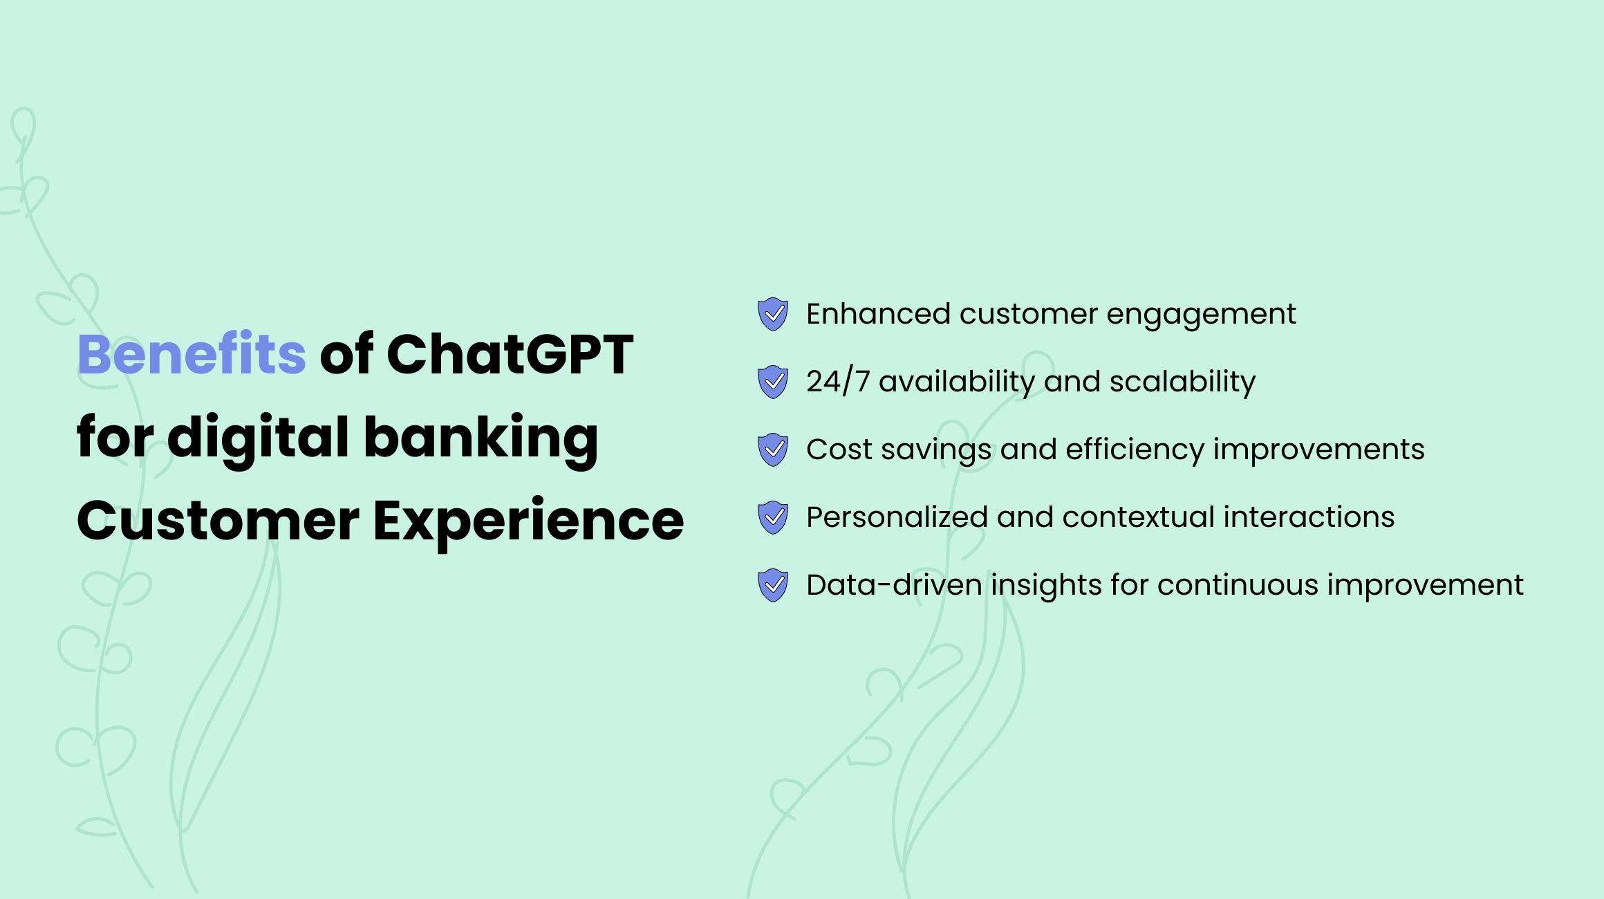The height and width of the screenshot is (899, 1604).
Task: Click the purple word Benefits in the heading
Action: pyautogui.click(x=192, y=353)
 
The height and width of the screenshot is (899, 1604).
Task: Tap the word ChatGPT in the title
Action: pyautogui.click(x=510, y=354)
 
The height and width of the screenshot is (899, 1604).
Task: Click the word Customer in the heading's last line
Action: pyautogui.click(x=218, y=521)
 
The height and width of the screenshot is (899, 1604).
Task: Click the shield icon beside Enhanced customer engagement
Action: pyautogui.click(x=773, y=314)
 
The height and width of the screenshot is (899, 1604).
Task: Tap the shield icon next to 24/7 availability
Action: pyautogui.click(x=773, y=382)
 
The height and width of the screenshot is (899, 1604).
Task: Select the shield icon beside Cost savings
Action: pyautogui.click(x=773, y=449)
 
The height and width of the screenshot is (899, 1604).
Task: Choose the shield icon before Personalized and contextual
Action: pyautogui.click(x=773, y=517)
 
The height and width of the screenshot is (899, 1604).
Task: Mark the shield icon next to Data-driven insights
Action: pyautogui.click(x=773, y=585)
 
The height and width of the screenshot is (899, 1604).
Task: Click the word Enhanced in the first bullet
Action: pyautogui.click(x=879, y=314)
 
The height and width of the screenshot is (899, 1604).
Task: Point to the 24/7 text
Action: pyautogui.click(x=838, y=382)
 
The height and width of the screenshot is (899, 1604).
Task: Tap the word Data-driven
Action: pyautogui.click(x=895, y=585)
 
